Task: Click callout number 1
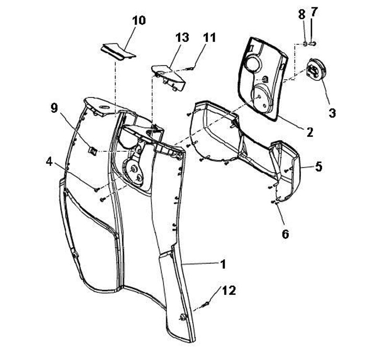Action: click(222, 265)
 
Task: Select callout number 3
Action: click(332, 112)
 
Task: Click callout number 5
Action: click(318, 167)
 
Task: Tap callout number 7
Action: click(313, 11)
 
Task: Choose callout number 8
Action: click(302, 15)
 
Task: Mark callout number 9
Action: click(54, 108)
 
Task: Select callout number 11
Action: click(209, 37)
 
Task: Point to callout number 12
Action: click(228, 290)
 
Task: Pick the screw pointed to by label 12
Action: click(204, 304)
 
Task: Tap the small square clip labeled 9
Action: click(92, 151)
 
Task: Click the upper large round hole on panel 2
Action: click(252, 64)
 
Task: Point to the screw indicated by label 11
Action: click(192, 67)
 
